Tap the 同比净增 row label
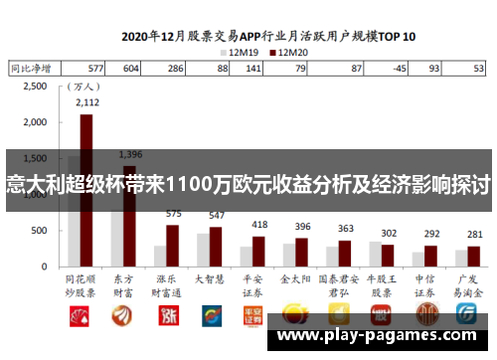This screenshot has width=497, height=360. pos(31,69)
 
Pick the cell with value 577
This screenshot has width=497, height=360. pos(95,69)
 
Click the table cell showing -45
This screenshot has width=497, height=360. pos(399,69)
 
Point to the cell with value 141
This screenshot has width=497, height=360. pos(253,69)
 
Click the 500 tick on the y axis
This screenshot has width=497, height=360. pos(39,231)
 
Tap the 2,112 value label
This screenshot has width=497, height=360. pos(86,102)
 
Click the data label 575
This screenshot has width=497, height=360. pos(173,213)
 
